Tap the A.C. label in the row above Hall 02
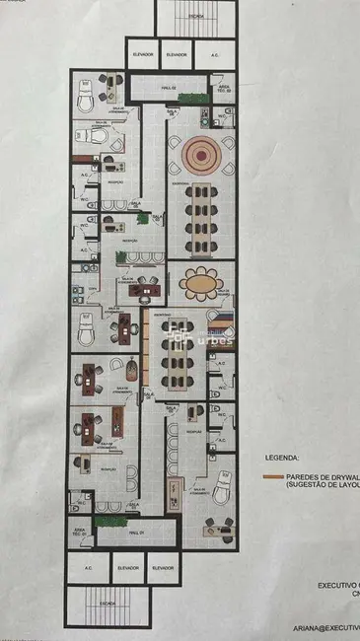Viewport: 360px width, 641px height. (215, 54)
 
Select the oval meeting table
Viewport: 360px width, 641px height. (202, 284)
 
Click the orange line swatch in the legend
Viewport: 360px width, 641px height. (273, 477)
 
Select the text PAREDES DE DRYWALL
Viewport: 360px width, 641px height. (322, 476)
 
